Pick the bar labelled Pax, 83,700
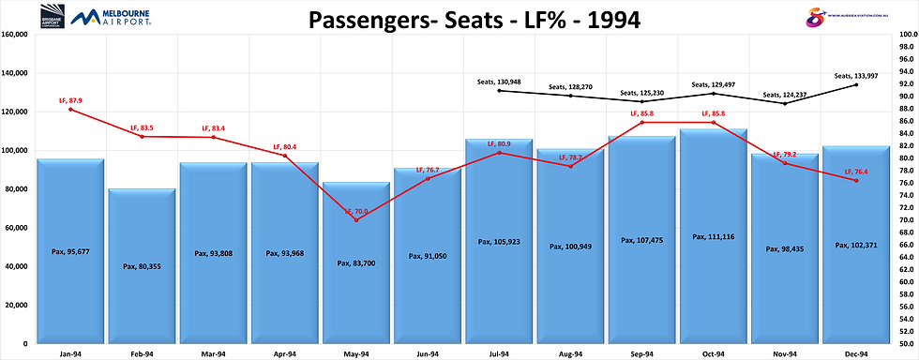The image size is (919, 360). click(x=356, y=262)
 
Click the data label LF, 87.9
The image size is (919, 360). click(x=71, y=100)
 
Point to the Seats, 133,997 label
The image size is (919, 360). click(x=857, y=76)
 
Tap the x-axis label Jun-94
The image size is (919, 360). click(x=428, y=352)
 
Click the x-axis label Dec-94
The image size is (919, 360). click(x=856, y=352)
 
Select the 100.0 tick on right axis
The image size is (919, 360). click(x=906, y=35)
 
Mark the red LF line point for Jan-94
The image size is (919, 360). click(x=70, y=110)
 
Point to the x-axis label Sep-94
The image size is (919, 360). click(x=641, y=352)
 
